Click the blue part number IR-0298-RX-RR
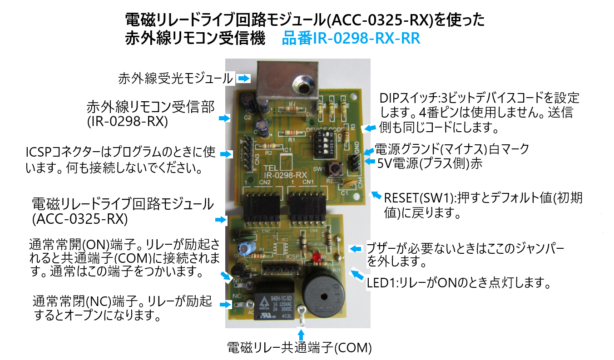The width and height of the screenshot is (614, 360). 351,39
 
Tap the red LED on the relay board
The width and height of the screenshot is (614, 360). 316,259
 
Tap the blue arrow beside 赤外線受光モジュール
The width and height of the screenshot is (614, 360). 244,79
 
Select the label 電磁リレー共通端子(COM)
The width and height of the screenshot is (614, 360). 299,349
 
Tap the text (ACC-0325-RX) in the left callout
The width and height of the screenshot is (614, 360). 80,219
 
